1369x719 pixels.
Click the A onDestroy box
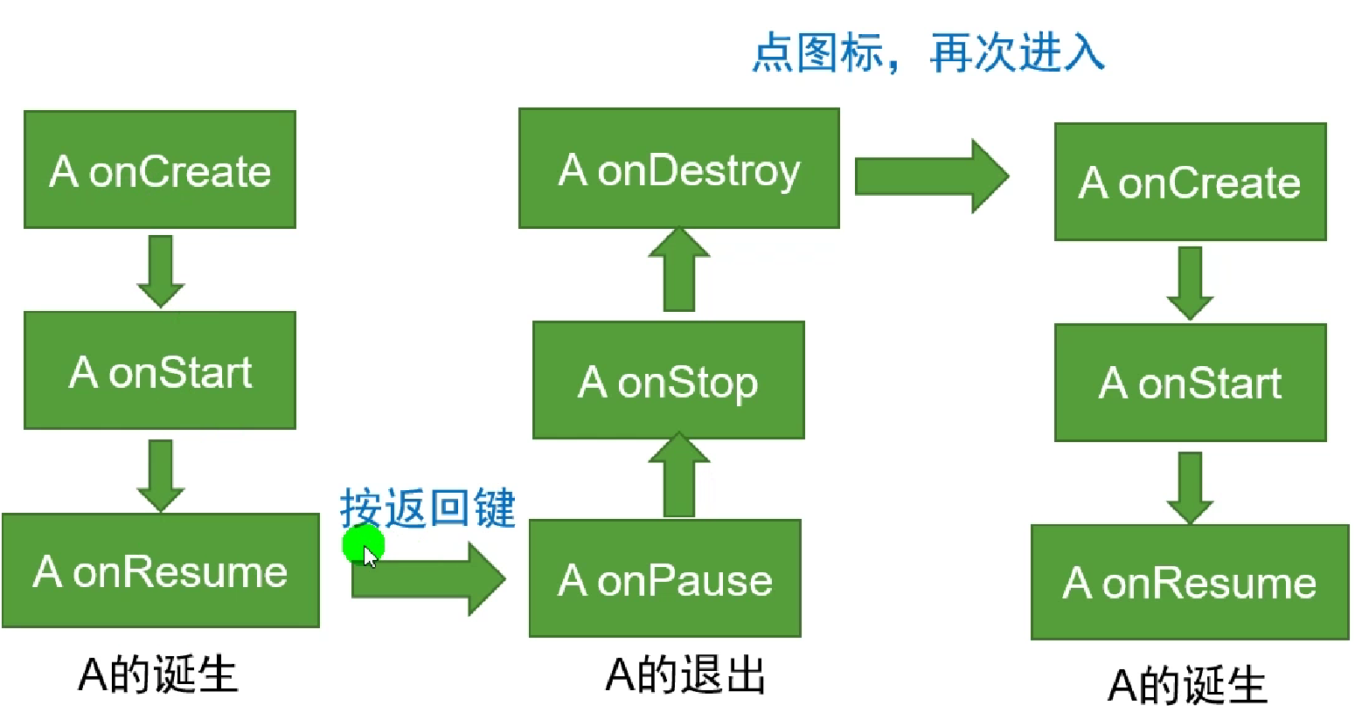(678, 169)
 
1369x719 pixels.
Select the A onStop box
(668, 381)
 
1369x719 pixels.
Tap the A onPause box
(664, 579)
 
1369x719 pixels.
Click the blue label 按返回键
(427, 508)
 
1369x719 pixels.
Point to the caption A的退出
(685, 675)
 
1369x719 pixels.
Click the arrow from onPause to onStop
(678, 476)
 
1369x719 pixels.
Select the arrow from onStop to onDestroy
(678, 270)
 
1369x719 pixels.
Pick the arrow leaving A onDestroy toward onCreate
(930, 176)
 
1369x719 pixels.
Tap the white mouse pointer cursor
(371, 557)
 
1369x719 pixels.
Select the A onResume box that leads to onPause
(161, 571)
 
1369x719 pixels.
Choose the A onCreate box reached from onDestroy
(1190, 182)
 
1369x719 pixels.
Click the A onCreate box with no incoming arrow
(160, 170)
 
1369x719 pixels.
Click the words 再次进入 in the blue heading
(1017, 52)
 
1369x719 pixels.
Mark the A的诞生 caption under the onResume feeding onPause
(158, 675)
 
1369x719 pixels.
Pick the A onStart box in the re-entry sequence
(1190, 383)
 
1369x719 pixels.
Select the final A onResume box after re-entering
(1190, 583)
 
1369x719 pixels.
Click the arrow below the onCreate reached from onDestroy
(1190, 282)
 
